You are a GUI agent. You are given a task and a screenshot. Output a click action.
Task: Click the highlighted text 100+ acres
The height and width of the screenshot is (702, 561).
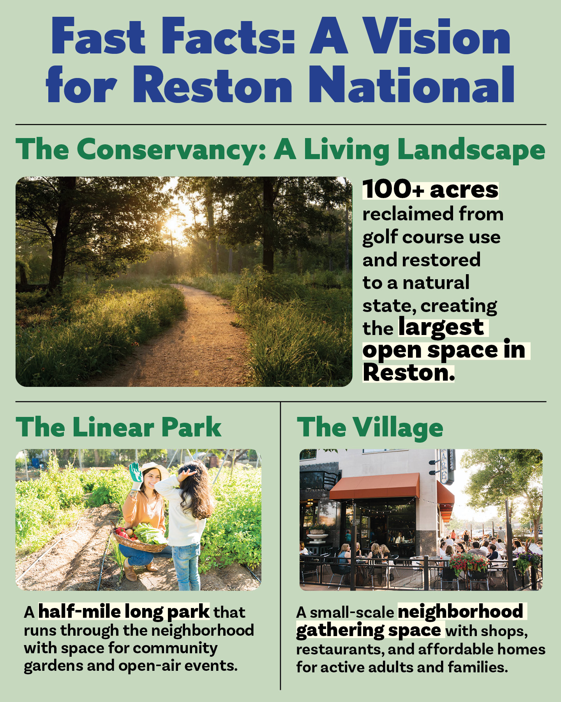[x=430, y=190]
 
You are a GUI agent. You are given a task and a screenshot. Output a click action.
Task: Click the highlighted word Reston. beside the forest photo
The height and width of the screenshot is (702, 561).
[x=408, y=373]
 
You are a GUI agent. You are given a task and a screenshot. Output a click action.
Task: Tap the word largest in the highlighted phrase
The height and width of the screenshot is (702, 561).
[x=441, y=327]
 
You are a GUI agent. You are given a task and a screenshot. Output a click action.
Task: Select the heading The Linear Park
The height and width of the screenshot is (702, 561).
[x=118, y=427]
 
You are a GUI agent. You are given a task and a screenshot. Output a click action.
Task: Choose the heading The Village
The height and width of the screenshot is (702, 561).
[x=370, y=427]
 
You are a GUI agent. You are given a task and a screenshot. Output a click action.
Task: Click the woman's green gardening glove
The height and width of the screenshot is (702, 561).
[x=136, y=472]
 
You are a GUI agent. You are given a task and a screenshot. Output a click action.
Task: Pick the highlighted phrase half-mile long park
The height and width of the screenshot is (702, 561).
[x=124, y=612]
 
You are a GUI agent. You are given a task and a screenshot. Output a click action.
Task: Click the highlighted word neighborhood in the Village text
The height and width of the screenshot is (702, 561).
[x=460, y=612]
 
